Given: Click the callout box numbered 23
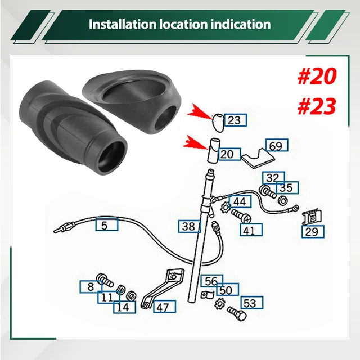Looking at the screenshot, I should pos(235,120).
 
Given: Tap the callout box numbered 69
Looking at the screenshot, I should pos(276,146).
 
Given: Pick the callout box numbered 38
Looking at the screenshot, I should pos(189,227).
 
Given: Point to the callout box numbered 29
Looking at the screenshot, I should pos(312,231).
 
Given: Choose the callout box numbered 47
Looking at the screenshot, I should pos(163,307).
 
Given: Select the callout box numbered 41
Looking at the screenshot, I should pos(250,230).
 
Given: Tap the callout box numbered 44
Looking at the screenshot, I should pos(240,201).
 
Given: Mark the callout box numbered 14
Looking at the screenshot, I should pos(124,308).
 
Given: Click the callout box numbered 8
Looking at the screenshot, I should pos(91,287).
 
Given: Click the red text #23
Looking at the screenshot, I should pos(316,105).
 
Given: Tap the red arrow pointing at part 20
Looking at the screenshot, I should pos(201,144).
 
